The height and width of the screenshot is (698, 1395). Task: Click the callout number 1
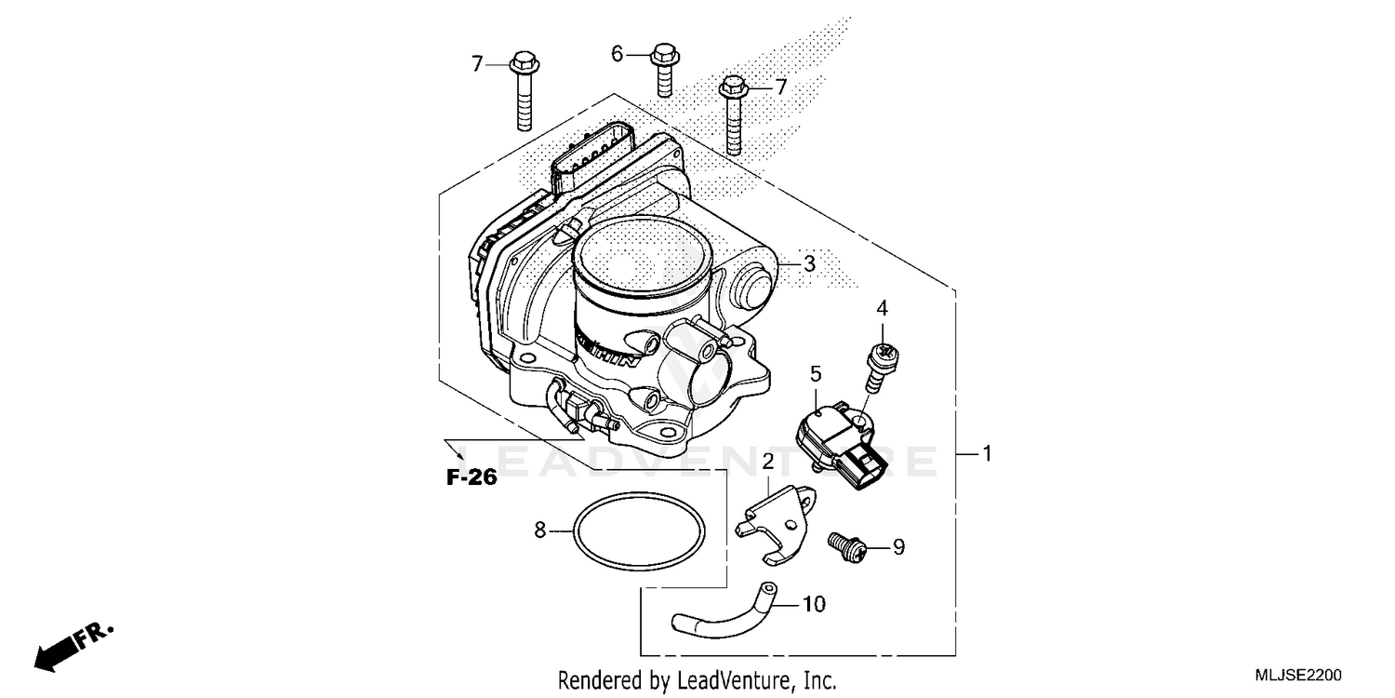[x=987, y=454]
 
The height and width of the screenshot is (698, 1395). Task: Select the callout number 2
[x=769, y=462]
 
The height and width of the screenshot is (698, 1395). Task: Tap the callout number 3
[x=809, y=263]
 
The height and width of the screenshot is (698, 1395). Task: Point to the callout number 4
[x=882, y=307]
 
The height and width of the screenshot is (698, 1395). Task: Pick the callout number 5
[x=816, y=374]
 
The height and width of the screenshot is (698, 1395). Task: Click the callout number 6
[x=617, y=54]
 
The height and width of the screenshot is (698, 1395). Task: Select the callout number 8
[x=539, y=530]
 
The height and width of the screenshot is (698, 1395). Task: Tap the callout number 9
[x=898, y=547]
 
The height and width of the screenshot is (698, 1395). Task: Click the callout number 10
[x=813, y=605]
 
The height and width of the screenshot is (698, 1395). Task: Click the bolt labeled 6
[x=664, y=69]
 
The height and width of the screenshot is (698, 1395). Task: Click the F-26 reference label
[x=472, y=478]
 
